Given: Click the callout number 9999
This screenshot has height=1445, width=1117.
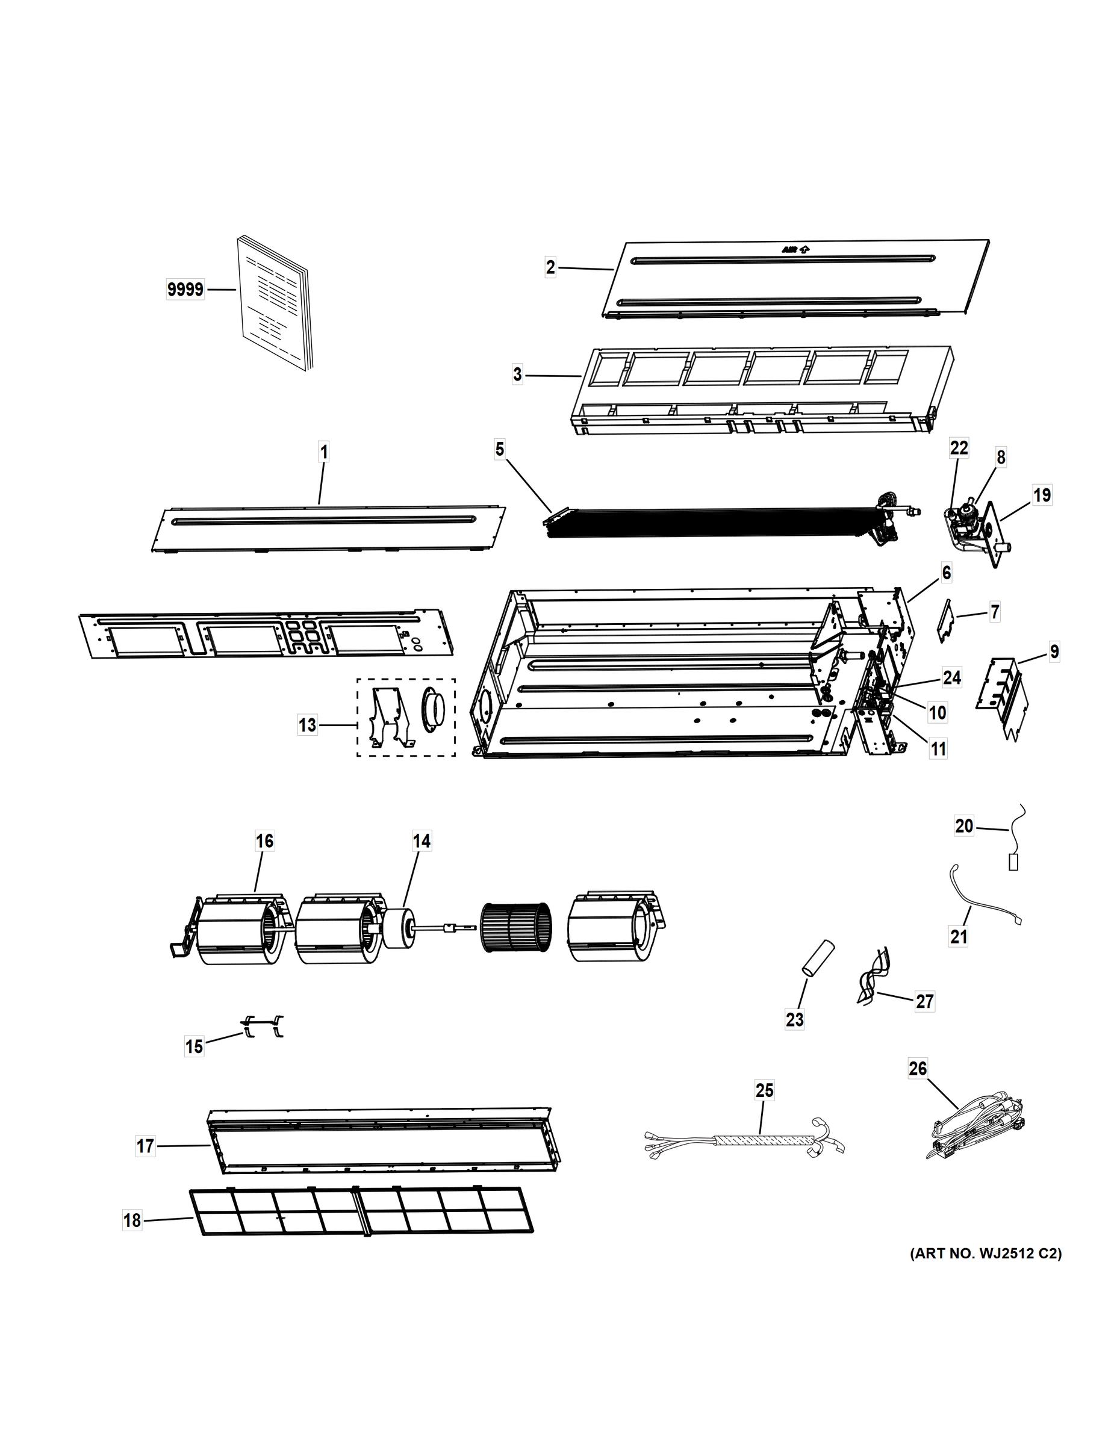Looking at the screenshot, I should click(x=185, y=290).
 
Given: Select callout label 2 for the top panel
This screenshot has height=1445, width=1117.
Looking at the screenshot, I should click(x=550, y=267).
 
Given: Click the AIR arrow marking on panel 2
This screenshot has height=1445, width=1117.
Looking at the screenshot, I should click(x=795, y=249).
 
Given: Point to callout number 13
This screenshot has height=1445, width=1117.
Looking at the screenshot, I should click(x=307, y=725).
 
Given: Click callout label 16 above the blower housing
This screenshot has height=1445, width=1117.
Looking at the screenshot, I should click(x=264, y=841).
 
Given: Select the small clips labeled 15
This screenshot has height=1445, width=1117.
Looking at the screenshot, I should click(x=263, y=1026).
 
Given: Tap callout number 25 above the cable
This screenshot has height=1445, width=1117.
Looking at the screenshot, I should click(x=764, y=1090).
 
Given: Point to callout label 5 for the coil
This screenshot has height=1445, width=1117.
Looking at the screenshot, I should click(x=500, y=450).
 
